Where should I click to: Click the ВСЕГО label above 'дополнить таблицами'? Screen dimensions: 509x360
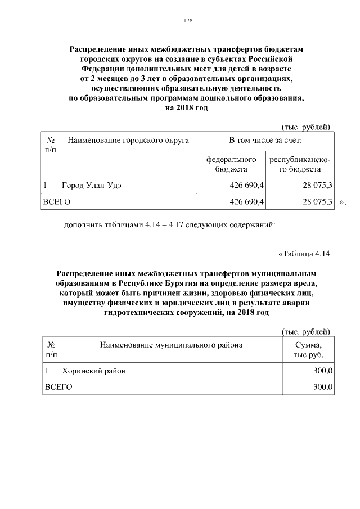[57, 201]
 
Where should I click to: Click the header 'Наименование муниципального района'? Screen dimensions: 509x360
[171, 345]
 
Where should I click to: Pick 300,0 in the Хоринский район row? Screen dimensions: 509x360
[323, 371]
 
